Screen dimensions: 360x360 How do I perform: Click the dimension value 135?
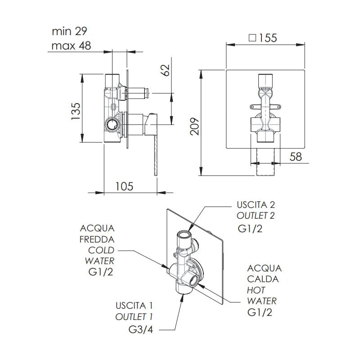76,111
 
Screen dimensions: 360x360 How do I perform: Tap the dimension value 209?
195,126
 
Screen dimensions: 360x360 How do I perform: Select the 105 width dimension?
124,186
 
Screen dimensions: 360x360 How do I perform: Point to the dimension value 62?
166,70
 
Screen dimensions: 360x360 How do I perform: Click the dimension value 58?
296,157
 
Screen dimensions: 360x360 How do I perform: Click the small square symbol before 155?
252,37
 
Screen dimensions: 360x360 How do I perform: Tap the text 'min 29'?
70,31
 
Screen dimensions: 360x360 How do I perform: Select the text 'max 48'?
71,46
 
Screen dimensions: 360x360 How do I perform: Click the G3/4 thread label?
141,330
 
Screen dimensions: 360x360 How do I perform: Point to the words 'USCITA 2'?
256,205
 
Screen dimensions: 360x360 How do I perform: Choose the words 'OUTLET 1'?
134,317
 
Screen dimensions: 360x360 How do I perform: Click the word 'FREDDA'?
97,239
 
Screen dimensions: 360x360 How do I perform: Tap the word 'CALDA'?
263,279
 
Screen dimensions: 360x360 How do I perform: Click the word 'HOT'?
256,290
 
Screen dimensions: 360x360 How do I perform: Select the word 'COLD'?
101,250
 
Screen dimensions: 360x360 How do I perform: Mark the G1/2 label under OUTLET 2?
250,229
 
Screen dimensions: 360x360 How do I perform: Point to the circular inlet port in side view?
112,126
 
